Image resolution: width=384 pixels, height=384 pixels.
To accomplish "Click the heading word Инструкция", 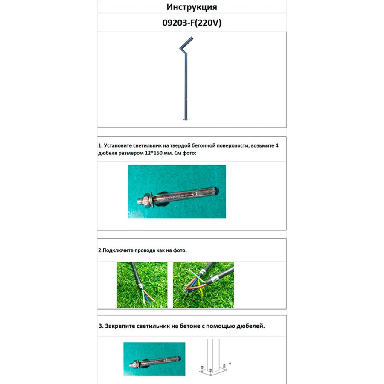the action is [192, 7].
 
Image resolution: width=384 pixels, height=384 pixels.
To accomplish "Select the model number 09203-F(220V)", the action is [192, 23].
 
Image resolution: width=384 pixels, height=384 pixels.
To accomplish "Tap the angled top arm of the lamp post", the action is [186, 42].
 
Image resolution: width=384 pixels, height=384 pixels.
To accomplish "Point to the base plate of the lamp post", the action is [186, 120].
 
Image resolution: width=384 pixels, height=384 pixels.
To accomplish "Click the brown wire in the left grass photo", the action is [150, 296].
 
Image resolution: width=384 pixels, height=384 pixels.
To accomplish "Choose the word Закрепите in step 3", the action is [120, 326].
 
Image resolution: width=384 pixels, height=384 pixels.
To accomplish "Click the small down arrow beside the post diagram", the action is [230, 363].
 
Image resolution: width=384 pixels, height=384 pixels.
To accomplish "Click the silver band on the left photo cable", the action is [140, 286].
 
